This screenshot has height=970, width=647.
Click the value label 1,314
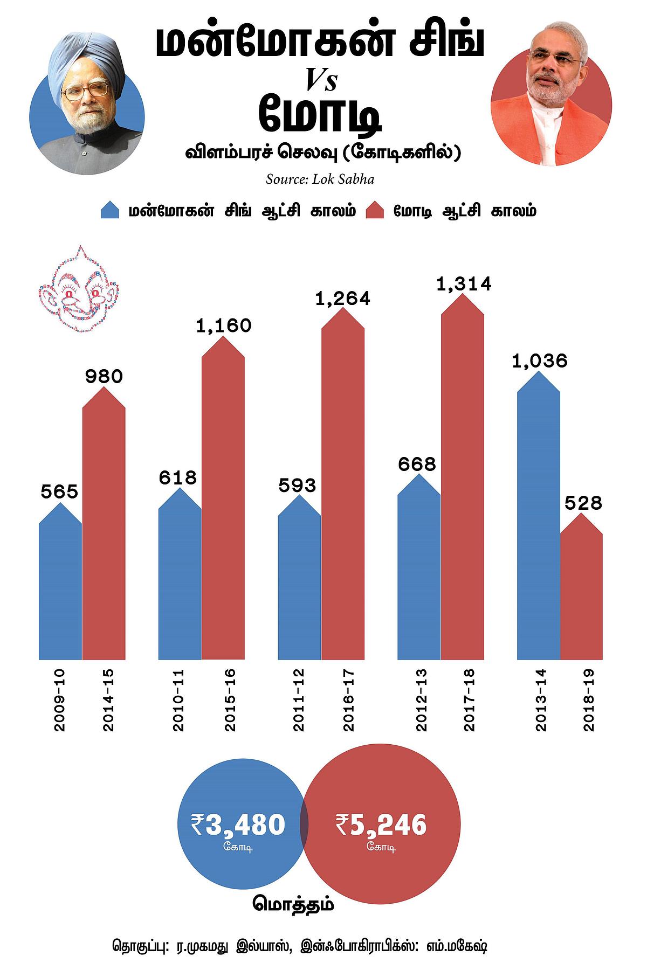464,283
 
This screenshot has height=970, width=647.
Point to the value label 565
60,491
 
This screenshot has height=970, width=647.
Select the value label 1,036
540,361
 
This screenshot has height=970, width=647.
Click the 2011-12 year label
298,700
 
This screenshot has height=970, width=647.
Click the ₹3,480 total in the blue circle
238,825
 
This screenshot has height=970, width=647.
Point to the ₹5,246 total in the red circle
381,825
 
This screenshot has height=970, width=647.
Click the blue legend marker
110,210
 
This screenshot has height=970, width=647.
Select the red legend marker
375,210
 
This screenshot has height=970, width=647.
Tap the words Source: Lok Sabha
320,179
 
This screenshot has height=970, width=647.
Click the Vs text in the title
321,81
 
